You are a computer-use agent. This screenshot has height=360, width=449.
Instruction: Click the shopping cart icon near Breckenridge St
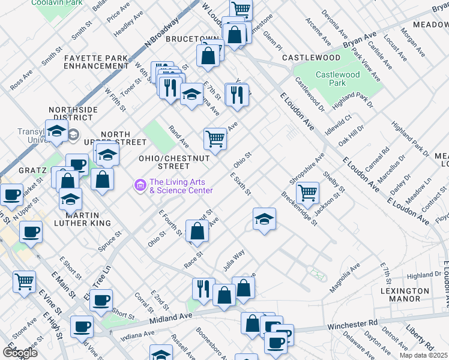click(307, 193)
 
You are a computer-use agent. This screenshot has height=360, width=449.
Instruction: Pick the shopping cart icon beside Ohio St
click(215, 139)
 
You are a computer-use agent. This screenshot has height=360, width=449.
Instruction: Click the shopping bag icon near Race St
click(197, 230)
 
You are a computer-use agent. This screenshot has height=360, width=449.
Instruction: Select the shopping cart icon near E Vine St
click(24, 280)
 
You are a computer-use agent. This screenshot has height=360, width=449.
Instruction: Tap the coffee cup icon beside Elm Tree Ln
click(101, 299)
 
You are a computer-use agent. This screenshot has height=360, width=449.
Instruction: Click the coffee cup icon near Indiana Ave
click(82, 326)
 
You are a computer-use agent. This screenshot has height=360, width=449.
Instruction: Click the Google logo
click(19, 352)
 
